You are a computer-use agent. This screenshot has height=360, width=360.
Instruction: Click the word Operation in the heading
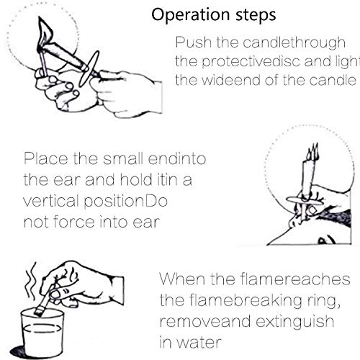tap(191, 16)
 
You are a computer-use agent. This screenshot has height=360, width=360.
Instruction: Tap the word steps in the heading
tap(256, 16)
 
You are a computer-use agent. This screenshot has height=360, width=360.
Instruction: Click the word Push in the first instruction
tap(194, 42)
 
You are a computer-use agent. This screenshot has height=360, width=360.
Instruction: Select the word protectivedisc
tap(251, 62)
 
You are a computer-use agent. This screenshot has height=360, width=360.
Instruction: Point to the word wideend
tap(230, 80)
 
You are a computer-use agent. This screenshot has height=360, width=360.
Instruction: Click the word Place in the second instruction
tap(45, 158)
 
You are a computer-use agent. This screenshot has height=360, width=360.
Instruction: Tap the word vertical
tap(51, 201)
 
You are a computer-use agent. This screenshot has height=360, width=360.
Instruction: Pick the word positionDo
tap(125, 202)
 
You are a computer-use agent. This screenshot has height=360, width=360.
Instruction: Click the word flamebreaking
tap(246, 301)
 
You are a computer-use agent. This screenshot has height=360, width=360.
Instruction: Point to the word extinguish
tap(294, 322)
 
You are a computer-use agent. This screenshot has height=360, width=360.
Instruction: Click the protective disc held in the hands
tap(89, 68)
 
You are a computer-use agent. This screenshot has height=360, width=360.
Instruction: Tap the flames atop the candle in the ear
tap(312, 152)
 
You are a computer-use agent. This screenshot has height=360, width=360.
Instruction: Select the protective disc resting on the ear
tap(305, 201)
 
